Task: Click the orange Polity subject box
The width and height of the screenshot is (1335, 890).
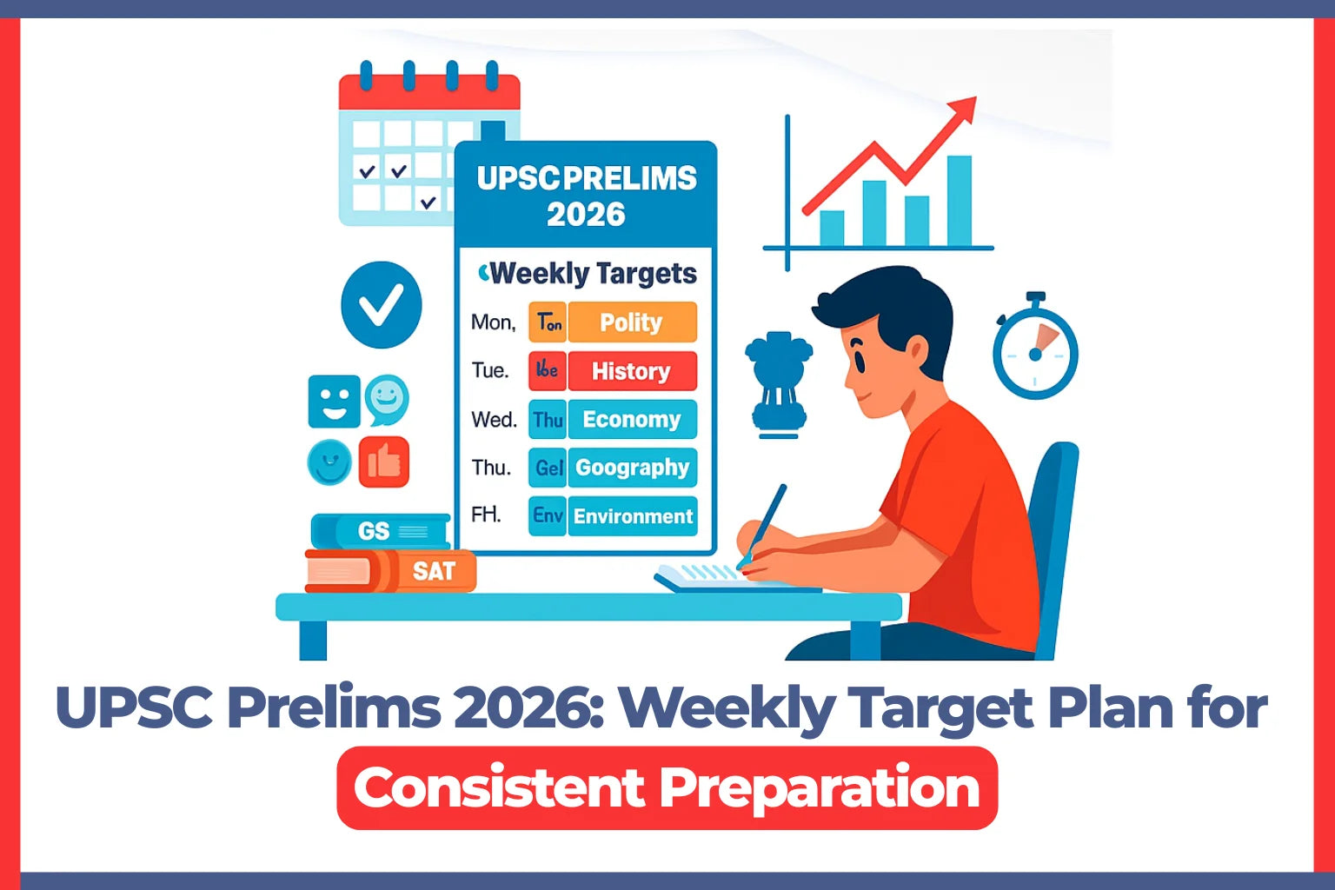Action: click(631, 322)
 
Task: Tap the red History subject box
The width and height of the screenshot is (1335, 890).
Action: click(631, 371)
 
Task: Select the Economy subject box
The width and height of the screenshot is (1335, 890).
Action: click(631, 420)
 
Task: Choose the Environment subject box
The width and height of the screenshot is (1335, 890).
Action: click(633, 516)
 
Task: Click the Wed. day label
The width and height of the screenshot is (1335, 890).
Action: click(494, 420)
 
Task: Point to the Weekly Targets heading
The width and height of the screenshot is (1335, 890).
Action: click(591, 274)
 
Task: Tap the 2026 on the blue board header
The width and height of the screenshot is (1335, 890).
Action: click(586, 214)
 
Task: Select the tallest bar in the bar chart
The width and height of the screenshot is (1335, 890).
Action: click(960, 201)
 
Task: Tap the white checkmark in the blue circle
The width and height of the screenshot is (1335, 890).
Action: click(382, 305)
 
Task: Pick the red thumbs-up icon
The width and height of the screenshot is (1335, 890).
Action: click(383, 462)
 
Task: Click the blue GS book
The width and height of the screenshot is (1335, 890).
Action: click(381, 531)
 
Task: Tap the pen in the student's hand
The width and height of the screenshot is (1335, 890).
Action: click(763, 525)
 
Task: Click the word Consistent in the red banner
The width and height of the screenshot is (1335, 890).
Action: click(499, 787)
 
